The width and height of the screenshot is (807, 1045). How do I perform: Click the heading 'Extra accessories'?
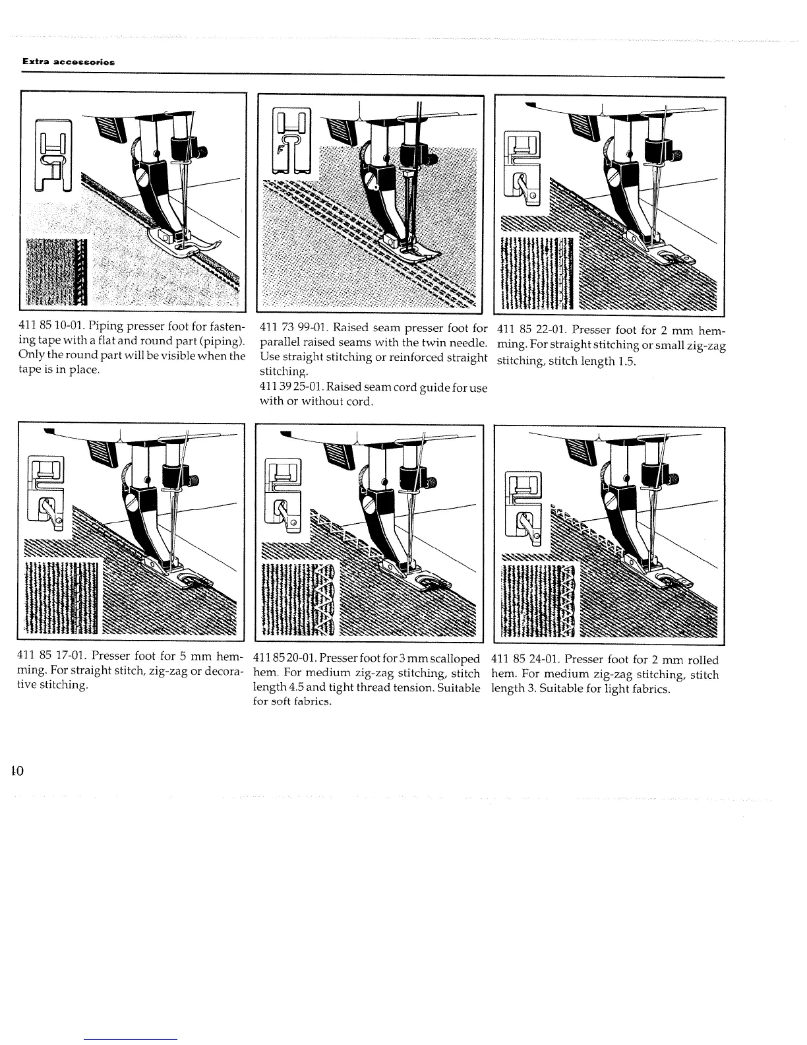[69, 61]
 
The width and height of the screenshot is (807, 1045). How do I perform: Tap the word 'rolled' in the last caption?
[702, 660]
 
